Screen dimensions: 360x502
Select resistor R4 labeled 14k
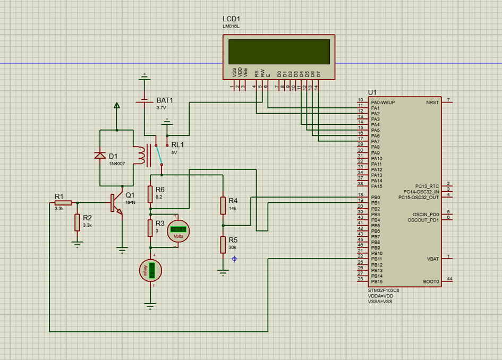click(223, 205)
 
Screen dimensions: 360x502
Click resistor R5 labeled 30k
click(223, 244)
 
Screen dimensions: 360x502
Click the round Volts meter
click(178, 232)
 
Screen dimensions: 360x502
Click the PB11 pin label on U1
click(377, 259)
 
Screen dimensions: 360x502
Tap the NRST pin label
click(432, 102)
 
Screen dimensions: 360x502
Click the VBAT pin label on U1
click(433, 259)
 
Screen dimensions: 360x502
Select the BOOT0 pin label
click(431, 281)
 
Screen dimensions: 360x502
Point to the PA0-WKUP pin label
click(383, 102)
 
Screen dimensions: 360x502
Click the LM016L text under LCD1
click(231, 26)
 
